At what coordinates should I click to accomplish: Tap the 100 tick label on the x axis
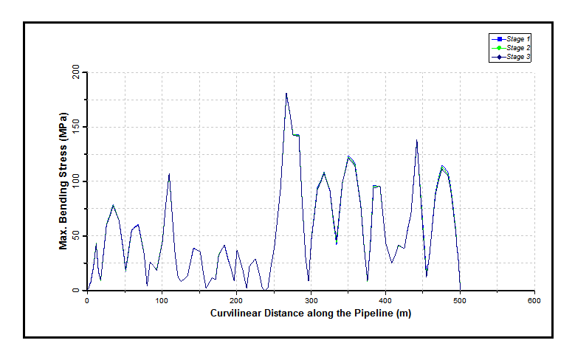162,301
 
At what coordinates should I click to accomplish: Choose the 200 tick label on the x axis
236,301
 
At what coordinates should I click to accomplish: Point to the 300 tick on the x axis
311,301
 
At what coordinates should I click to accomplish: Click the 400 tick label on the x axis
385,301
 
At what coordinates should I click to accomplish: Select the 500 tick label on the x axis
460,301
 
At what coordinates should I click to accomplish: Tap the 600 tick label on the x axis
534,301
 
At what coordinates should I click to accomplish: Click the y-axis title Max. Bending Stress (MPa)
64,181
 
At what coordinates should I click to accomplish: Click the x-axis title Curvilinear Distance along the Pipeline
310,314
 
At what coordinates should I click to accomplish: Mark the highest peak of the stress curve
286,94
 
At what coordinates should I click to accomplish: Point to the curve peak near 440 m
416,140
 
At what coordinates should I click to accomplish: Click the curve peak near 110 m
169,174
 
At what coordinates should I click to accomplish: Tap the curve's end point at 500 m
460,290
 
